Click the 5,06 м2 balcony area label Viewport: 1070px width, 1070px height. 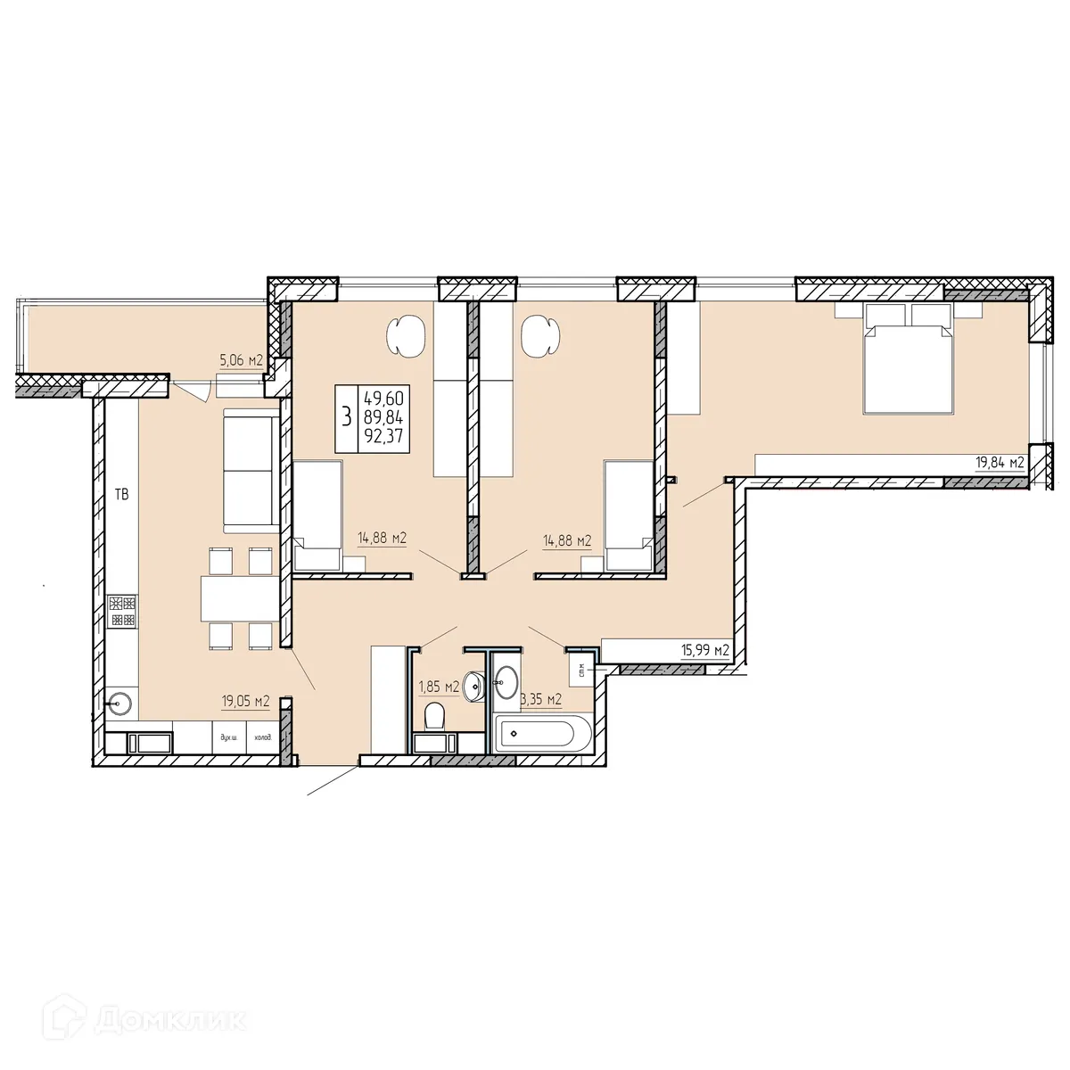[241, 361]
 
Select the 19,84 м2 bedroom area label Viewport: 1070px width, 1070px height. [997, 462]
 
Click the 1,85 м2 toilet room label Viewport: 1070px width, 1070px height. [439, 686]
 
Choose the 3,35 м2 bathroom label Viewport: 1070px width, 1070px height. [541, 698]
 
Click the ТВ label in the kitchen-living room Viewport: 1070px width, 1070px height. [121, 494]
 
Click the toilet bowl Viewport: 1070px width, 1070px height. [435, 715]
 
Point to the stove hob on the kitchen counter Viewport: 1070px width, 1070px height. [121, 611]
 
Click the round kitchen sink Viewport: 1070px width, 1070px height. [119, 704]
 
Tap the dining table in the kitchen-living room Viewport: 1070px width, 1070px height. [236, 598]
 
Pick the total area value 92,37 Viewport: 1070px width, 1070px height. [383, 437]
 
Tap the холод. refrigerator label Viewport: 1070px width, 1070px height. [262, 738]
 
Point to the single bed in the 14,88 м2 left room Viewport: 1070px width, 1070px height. [317, 515]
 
